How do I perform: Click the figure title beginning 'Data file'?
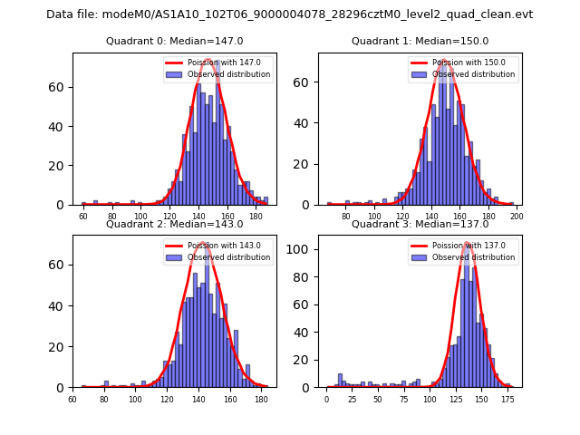pos(290,14)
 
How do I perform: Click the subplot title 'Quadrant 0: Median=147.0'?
pos(175,41)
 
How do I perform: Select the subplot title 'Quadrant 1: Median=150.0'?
pos(420,41)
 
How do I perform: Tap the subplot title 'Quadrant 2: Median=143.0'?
pos(175,224)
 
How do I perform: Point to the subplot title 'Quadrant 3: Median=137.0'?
pos(420,224)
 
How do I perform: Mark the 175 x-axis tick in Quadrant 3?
pos(507,400)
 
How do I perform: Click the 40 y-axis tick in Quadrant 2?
pos(61,305)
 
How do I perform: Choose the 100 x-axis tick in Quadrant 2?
pos(136,400)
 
